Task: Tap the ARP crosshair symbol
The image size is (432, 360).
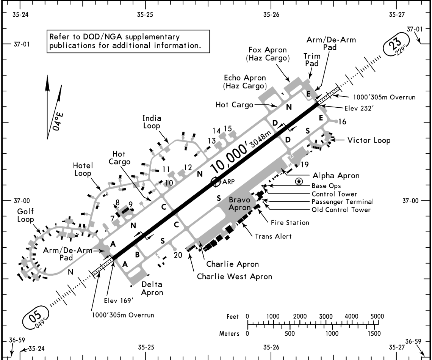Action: click(215, 182)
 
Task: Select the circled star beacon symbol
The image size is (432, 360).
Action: click(299, 182)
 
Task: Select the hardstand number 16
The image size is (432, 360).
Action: click(342, 122)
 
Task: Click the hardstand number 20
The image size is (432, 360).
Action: click(175, 255)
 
